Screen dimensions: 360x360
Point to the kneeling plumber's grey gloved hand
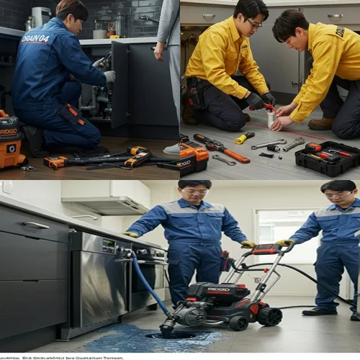pyautogui.click(x=109, y=76)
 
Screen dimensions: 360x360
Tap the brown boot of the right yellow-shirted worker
pyautogui.click(x=320, y=124)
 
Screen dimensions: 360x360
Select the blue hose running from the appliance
pyautogui.click(x=149, y=285)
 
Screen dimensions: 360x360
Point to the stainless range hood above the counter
pyautogui.click(x=105, y=205)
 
